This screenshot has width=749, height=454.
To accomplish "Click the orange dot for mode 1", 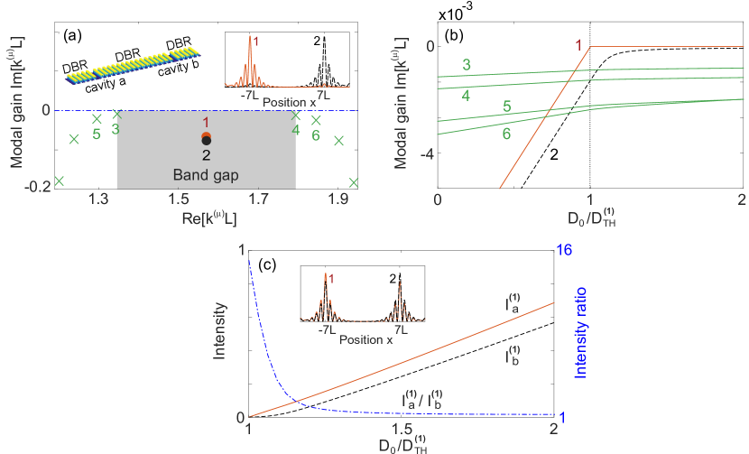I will (x=206, y=135).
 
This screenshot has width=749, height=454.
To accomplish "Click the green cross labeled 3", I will (x=116, y=114).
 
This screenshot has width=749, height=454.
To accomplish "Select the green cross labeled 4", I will (x=295, y=115).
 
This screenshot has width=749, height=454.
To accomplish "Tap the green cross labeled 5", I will (x=97, y=119).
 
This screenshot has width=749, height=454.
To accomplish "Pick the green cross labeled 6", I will (x=316, y=120).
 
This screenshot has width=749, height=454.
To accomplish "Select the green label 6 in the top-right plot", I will (x=506, y=134).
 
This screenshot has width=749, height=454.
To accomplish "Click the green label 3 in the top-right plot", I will (x=467, y=65).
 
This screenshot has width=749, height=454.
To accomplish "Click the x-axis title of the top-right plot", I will (x=589, y=220).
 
